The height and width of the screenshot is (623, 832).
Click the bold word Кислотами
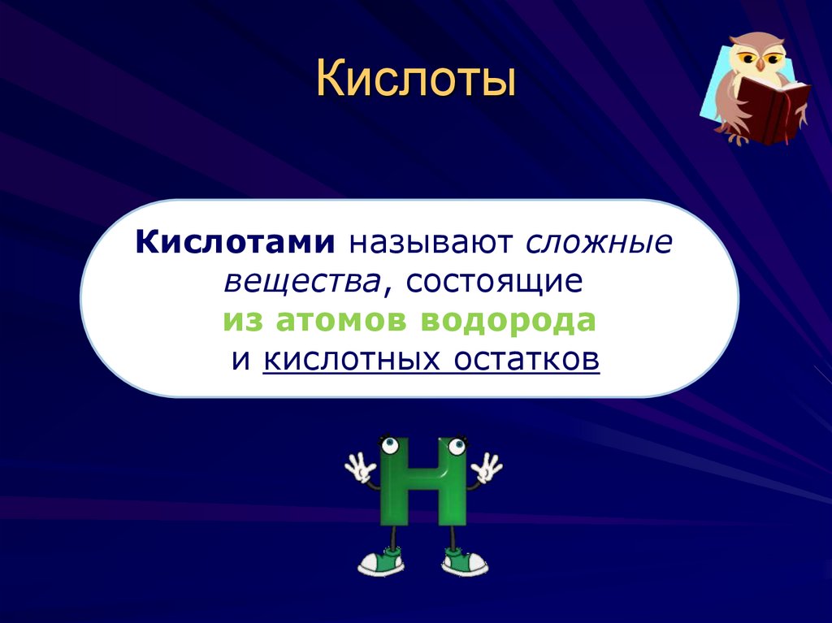[x=236, y=242]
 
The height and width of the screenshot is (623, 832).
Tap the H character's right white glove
[x=487, y=468]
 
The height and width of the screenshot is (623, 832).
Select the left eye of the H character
[x=390, y=445]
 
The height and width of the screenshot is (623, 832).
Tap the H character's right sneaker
[x=464, y=560]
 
